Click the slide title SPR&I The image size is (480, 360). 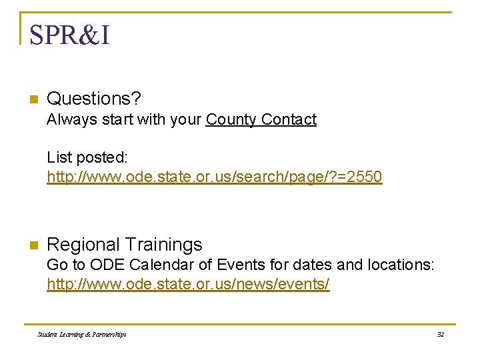click(69, 35)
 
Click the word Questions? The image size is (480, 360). click(93, 99)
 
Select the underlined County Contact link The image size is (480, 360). click(261, 120)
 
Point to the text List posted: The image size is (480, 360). click(87, 157)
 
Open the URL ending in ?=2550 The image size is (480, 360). click(214, 177)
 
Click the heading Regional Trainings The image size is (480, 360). click(124, 245)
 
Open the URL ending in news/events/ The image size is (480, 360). click(188, 285)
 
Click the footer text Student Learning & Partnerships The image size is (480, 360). click(82, 334)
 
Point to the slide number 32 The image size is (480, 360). click(440, 334)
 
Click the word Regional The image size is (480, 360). click(84, 245)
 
